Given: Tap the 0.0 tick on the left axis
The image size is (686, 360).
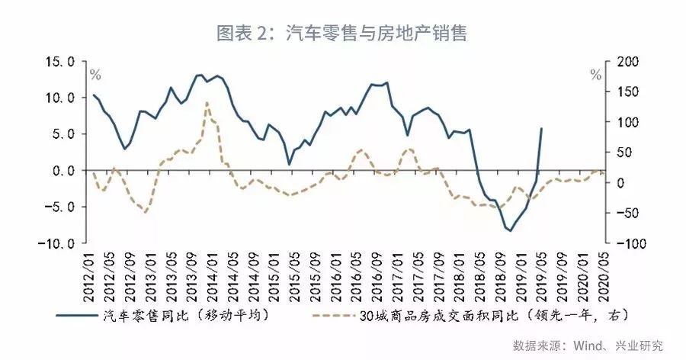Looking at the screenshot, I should point(62,170).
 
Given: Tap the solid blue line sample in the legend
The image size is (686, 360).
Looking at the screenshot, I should point(77,313).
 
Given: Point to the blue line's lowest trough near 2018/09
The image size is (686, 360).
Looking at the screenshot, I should point(508,230).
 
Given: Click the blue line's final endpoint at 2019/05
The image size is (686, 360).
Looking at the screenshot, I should point(541,128).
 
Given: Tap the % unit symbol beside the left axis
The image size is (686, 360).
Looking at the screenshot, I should point(95,75).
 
